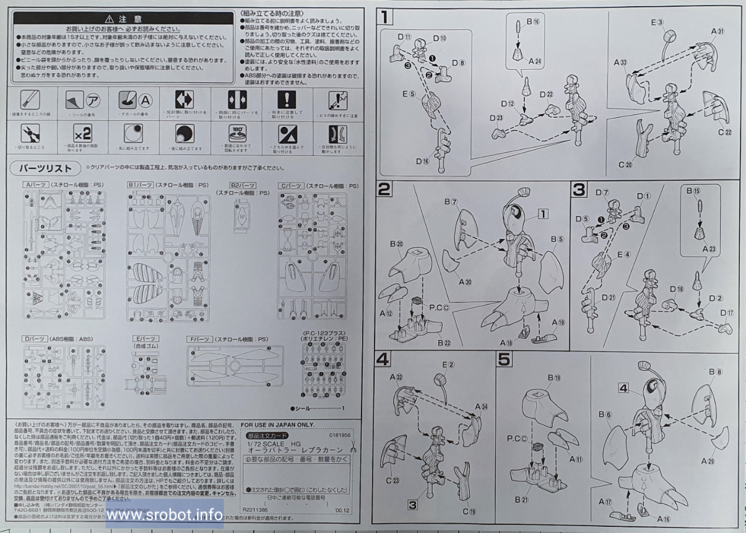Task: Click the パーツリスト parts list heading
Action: (43, 168)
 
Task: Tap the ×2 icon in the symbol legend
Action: (83, 133)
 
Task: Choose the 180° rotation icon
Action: (235, 133)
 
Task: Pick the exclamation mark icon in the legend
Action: (286, 99)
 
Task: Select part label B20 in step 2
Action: (397, 245)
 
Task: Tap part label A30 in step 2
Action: (465, 282)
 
